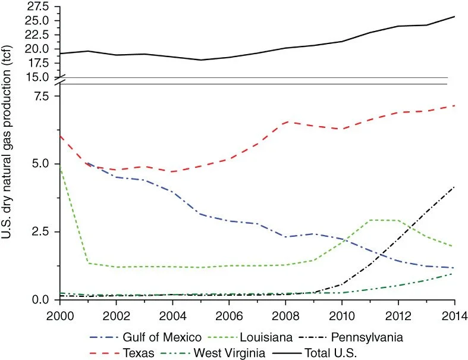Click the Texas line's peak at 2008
[285, 121]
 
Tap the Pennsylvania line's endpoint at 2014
[454, 187]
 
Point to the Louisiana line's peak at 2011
[370, 220]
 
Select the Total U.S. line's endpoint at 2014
[454, 17]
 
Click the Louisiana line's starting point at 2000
[60, 166]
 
